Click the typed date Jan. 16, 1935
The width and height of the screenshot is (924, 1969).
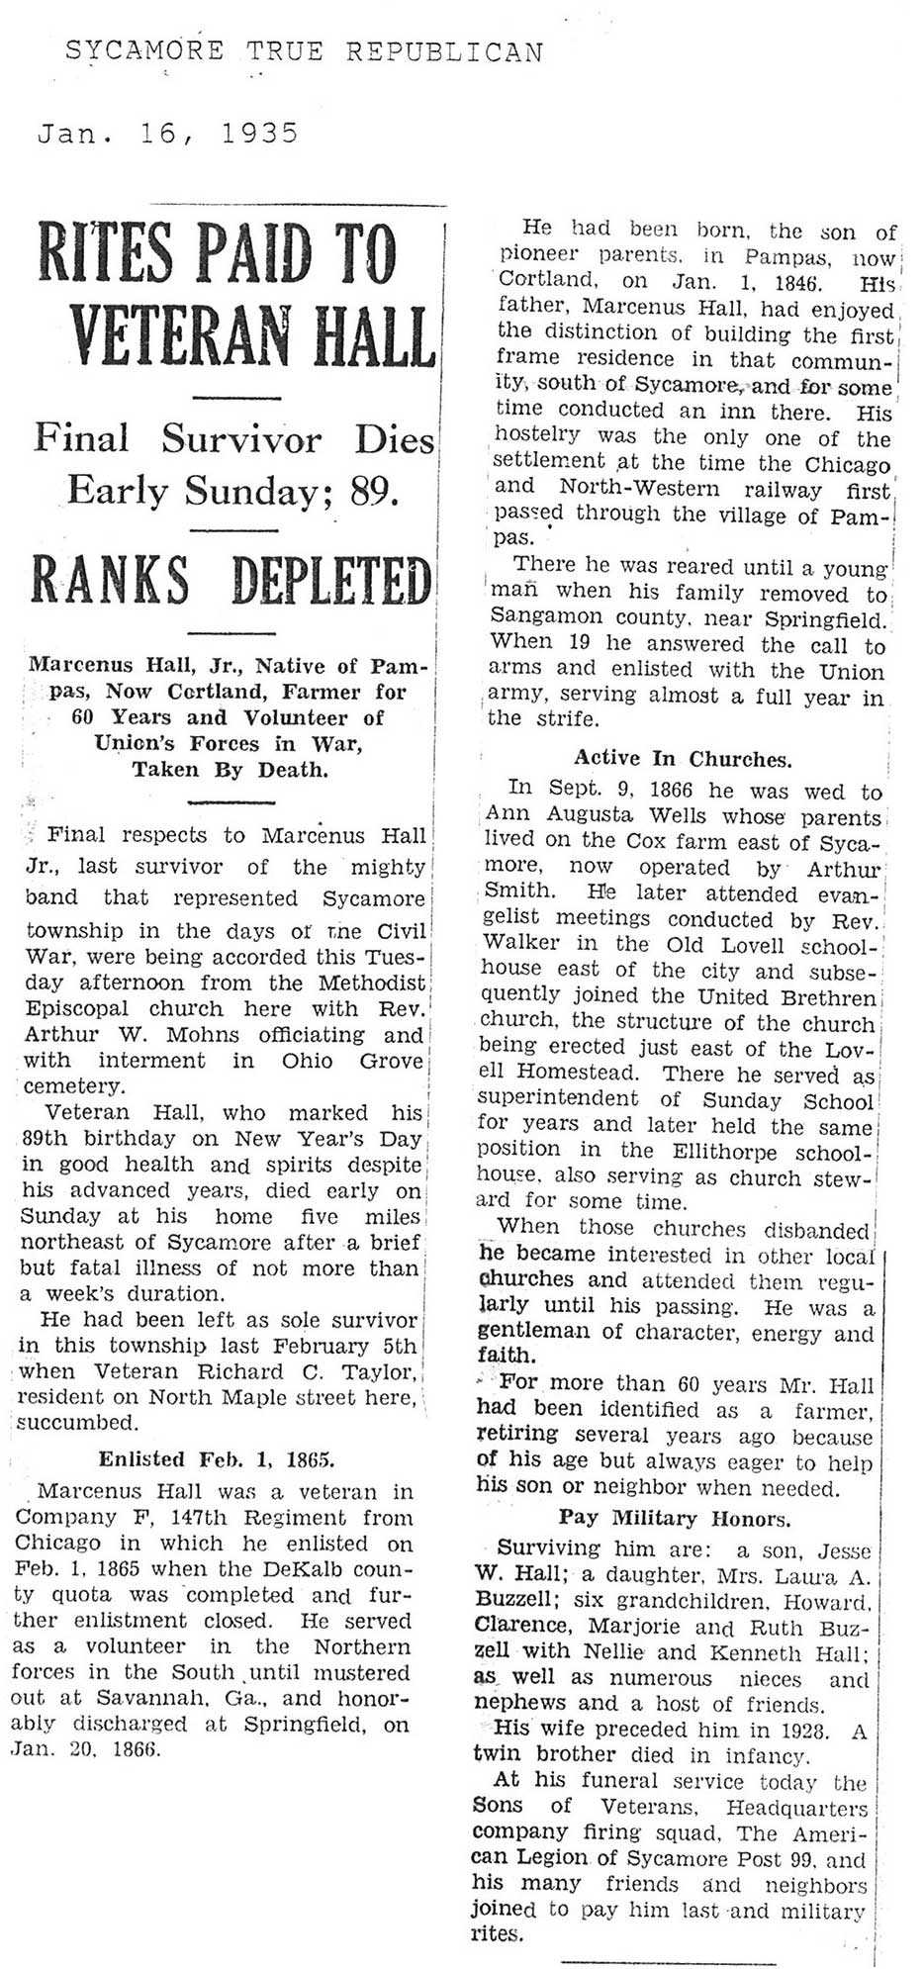pyautogui.click(x=167, y=134)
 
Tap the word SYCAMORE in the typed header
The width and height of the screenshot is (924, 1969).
pyautogui.click(x=144, y=51)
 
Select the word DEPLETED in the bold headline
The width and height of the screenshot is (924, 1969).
pyautogui.click(x=331, y=581)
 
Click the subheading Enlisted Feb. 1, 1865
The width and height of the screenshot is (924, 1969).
pyautogui.click(x=217, y=1458)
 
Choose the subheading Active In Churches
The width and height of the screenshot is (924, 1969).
pyautogui.click(x=683, y=759)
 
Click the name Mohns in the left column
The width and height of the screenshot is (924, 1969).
pyautogui.click(x=204, y=1035)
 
